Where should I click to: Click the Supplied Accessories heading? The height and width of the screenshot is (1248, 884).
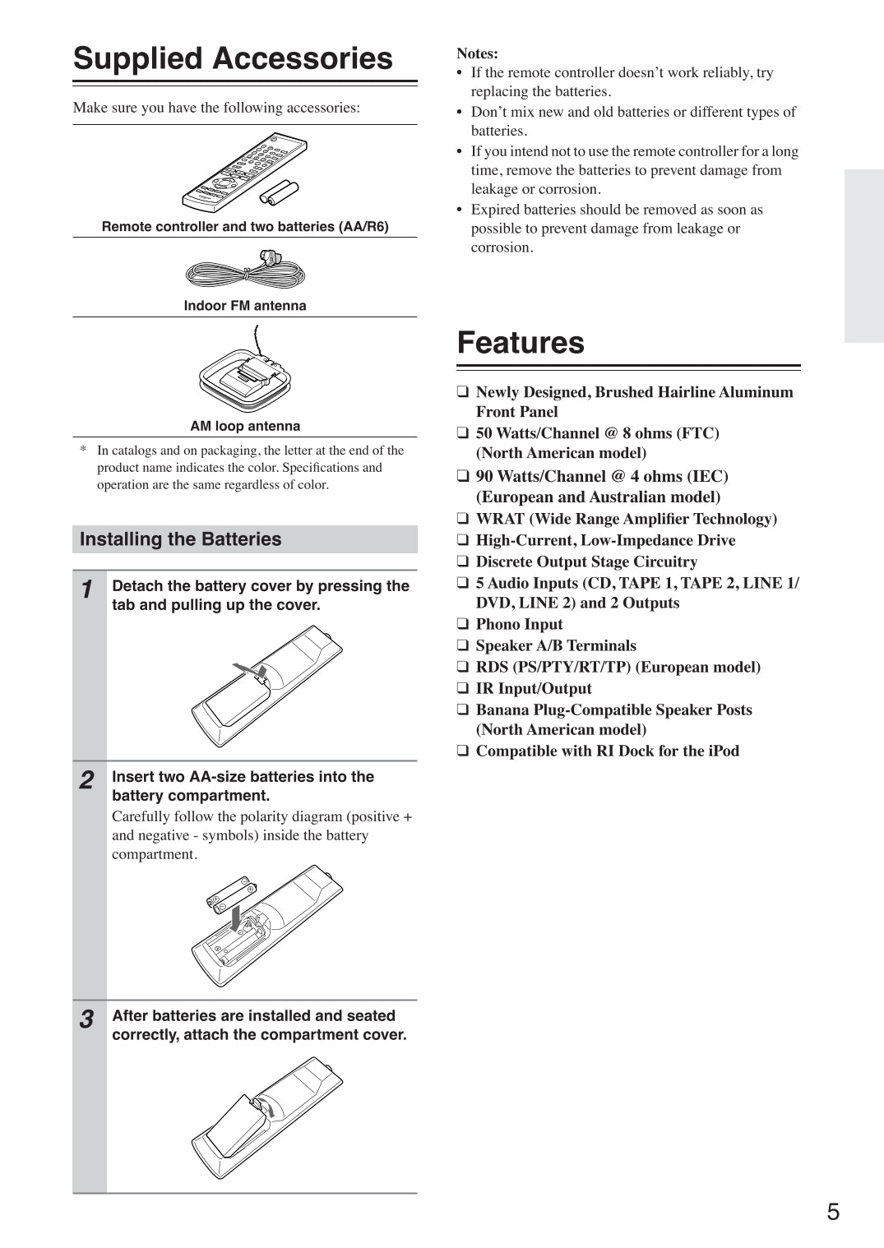click(233, 59)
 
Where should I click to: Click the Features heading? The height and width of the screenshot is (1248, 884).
click(521, 343)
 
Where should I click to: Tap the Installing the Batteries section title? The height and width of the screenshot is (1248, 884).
click(180, 539)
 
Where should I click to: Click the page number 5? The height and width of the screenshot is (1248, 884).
click(833, 1212)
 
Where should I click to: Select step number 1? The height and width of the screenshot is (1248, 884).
click(87, 589)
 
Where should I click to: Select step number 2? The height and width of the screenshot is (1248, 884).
click(87, 780)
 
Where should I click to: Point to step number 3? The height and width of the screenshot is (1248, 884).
click(87, 1019)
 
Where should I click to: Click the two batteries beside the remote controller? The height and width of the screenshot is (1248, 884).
click(279, 192)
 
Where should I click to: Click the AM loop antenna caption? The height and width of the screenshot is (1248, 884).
click(245, 426)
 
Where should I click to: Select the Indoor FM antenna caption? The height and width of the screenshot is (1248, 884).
click(245, 306)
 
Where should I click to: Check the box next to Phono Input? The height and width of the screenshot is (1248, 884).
click(463, 625)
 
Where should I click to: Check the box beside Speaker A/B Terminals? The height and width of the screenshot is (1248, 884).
click(463, 646)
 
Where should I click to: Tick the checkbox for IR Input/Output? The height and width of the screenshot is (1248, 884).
click(463, 689)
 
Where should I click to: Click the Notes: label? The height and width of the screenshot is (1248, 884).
click(477, 53)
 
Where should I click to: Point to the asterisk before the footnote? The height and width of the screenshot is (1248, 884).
click(83, 451)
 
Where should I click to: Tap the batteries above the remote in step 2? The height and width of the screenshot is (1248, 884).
click(231, 894)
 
